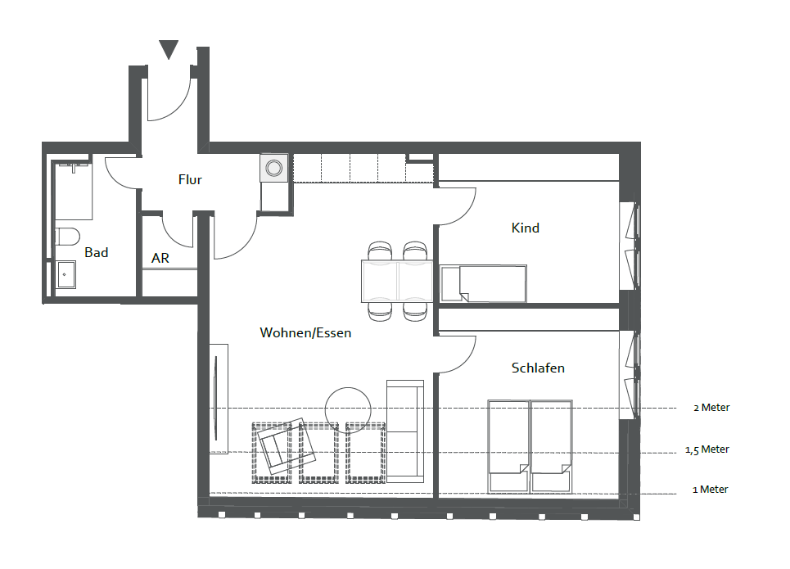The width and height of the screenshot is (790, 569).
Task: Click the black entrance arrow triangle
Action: pyautogui.click(x=169, y=49)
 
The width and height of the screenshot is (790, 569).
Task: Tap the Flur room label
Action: pyautogui.click(x=190, y=179)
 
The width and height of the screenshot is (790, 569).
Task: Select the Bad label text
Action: pyautogui.click(x=97, y=252)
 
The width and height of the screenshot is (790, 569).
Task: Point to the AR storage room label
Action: pyautogui.click(x=160, y=258)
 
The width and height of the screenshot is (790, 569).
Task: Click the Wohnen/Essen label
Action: pyautogui.click(x=305, y=332)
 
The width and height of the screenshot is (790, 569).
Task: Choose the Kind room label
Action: pyautogui.click(x=525, y=228)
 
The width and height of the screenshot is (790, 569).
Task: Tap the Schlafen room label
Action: pyautogui.click(x=538, y=368)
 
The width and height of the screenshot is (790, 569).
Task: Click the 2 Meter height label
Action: pyautogui.click(x=711, y=408)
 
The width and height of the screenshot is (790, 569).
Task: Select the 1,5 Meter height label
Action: pyautogui.click(x=706, y=449)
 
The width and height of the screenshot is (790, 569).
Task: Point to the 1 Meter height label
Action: pyautogui.click(x=711, y=490)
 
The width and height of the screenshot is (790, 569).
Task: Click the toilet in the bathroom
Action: pyautogui.click(x=67, y=236)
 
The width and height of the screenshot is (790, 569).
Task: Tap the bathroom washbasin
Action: pyautogui.click(x=65, y=274)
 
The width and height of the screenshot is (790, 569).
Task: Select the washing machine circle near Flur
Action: pyautogui.click(x=274, y=167)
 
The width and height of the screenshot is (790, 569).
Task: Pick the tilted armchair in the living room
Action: pyautogui.click(x=286, y=445)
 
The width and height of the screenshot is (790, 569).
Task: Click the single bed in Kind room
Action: pyautogui.click(x=483, y=284)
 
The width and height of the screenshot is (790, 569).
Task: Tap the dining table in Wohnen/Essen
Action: pyautogui.click(x=397, y=281)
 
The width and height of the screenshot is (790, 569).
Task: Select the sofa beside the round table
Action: pyautogui.click(x=405, y=431)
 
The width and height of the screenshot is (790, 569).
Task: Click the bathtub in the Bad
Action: pyautogui.click(x=73, y=190)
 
